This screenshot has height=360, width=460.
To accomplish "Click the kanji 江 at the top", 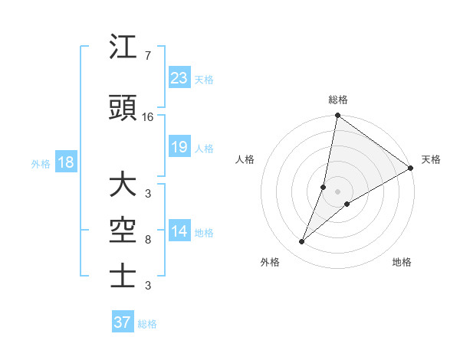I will pos(123,48).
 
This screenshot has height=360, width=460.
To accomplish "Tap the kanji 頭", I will pos(123,108).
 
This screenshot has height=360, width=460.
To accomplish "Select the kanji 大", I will pos(123,186).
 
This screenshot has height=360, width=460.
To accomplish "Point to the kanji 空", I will pos(123,231).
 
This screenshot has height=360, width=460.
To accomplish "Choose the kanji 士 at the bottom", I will pos(123,274).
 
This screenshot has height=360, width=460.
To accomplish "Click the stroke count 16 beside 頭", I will pos(148,117).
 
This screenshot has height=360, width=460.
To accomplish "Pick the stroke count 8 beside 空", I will pos(147,240).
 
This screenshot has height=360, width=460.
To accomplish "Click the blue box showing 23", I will pos(179,78).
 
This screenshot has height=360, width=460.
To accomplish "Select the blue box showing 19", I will pos(179,147).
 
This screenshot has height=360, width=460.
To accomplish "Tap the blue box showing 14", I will pos(179,231).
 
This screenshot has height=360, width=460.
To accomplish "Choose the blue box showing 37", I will pos(122,322).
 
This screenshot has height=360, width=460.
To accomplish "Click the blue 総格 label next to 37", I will pos(147,324).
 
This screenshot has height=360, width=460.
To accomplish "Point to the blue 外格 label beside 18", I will pos(41,163).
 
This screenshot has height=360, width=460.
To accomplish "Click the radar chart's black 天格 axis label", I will pos(431,159).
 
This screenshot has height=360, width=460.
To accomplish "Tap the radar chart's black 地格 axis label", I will pos(402,262).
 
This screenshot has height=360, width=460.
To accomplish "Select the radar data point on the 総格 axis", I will pos(337,116).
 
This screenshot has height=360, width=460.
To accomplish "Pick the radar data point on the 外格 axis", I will pos(302,242).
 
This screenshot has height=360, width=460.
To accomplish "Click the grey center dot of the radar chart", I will pos(337,191).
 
